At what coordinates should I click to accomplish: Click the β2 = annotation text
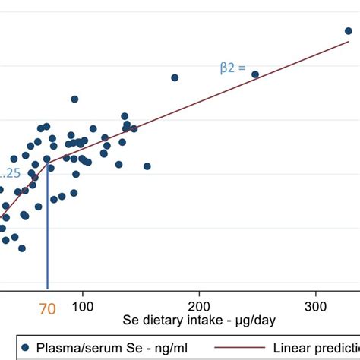232,68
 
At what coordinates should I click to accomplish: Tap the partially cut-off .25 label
11,173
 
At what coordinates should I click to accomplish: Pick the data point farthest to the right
349,31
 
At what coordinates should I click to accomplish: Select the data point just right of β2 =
255,74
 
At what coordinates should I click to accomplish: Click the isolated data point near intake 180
175,77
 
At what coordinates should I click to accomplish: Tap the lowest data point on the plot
22,248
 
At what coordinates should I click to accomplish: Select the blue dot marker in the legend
25,347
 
